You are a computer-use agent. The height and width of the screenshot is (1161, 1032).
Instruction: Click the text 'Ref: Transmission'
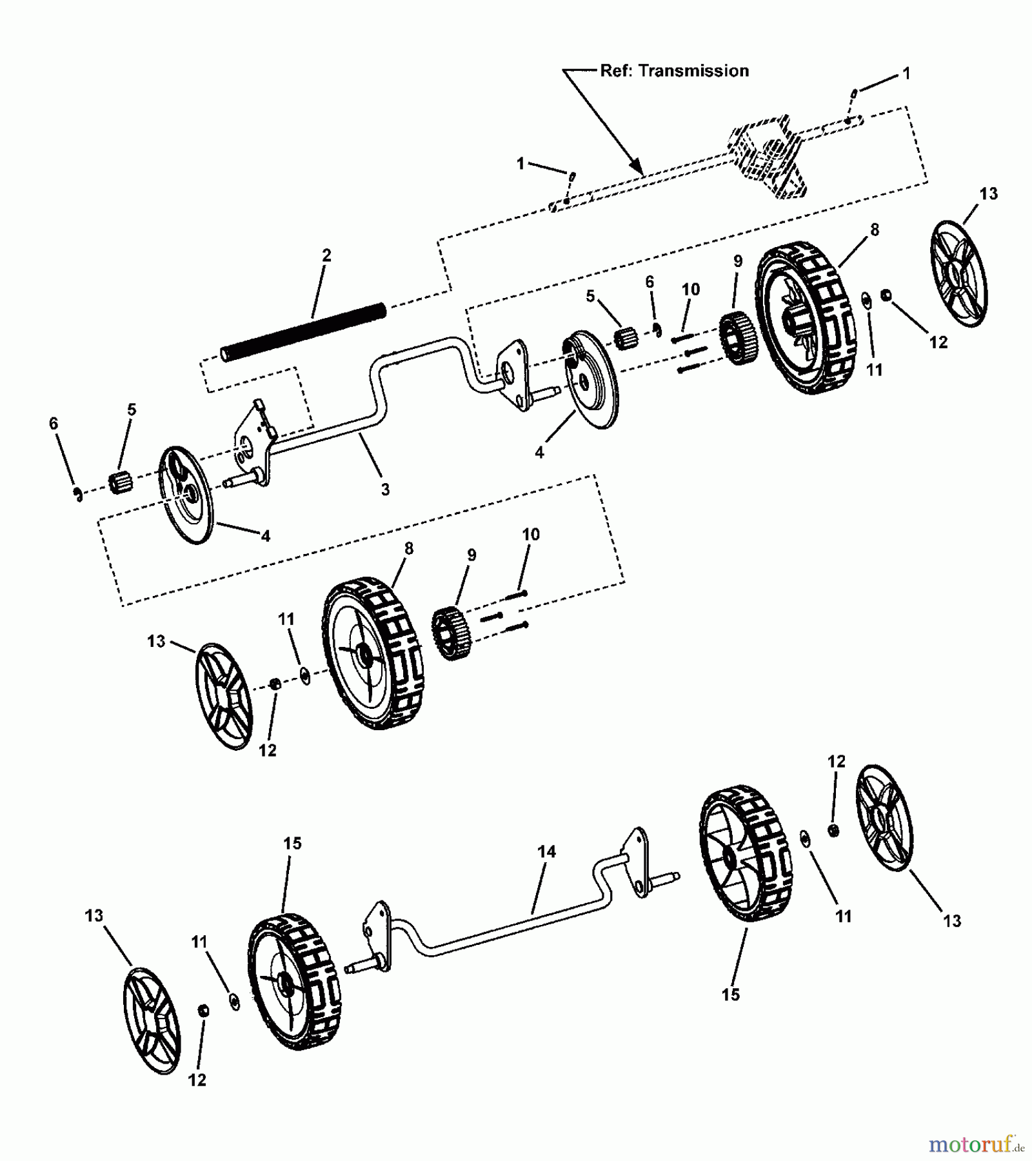click(x=674, y=71)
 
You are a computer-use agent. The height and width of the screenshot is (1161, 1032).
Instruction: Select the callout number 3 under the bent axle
click(x=385, y=490)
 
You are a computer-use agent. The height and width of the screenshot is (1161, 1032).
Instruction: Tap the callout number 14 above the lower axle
click(x=546, y=852)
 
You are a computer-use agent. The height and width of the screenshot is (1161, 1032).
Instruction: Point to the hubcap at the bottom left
click(x=152, y=1021)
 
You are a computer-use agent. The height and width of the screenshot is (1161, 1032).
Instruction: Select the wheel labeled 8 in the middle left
click(x=373, y=653)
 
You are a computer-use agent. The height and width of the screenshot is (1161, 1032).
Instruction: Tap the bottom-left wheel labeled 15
click(x=295, y=981)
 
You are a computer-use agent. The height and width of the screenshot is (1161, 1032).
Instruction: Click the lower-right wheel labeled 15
click(x=746, y=853)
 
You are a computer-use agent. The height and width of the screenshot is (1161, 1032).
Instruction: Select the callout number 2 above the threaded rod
click(x=326, y=255)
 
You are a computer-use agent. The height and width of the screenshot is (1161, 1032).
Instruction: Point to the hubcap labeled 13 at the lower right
click(x=884, y=818)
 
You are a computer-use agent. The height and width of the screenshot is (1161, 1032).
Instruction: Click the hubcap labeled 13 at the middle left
click(x=224, y=695)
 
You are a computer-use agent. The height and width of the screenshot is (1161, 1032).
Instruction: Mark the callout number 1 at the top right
click(x=906, y=74)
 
